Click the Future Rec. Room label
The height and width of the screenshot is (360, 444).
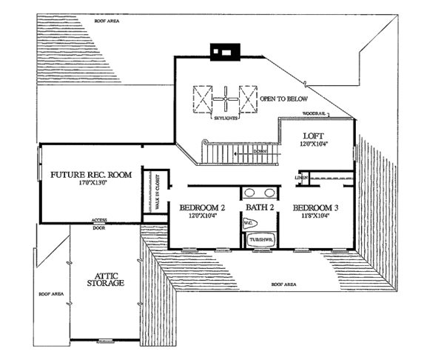coord(91,176)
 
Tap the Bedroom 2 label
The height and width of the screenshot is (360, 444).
coord(197,207)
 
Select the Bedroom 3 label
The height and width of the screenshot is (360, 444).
coord(315,207)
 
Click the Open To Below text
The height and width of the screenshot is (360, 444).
coord(284,99)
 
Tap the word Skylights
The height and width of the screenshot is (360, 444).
coord(224,118)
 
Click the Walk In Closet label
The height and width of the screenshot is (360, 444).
coord(157,192)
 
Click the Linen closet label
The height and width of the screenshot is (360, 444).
coord(300,178)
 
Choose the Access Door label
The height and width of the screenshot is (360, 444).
coord(99,224)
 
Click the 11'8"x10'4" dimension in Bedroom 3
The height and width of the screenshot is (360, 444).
coord(317,216)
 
